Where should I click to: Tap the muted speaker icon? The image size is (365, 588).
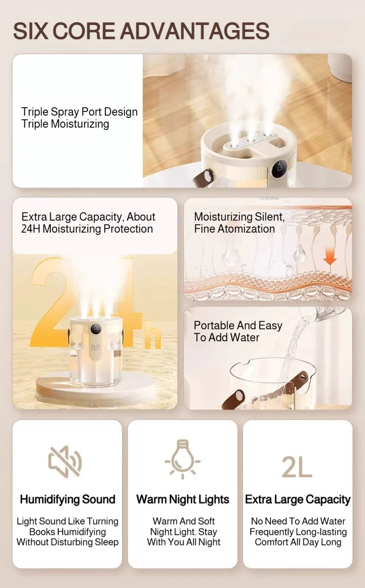pos(65,461)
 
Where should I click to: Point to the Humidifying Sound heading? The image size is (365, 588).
pos(67,499)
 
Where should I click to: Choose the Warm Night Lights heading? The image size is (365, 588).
pos(182,499)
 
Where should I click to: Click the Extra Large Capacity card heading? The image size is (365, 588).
pos(298,499)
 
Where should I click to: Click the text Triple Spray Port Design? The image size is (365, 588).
pos(79,112)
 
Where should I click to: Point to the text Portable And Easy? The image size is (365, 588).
pos(237,325)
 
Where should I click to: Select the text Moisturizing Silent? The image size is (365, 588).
pos(239,216)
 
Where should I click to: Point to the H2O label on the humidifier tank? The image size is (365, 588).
pos(96,347)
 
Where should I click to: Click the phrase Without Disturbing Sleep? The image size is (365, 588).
pos(67,542)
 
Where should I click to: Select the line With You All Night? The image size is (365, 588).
pos(183,542)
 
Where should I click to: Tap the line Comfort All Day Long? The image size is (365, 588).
pos(298,542)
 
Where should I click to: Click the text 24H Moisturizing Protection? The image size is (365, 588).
pos(87,229)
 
